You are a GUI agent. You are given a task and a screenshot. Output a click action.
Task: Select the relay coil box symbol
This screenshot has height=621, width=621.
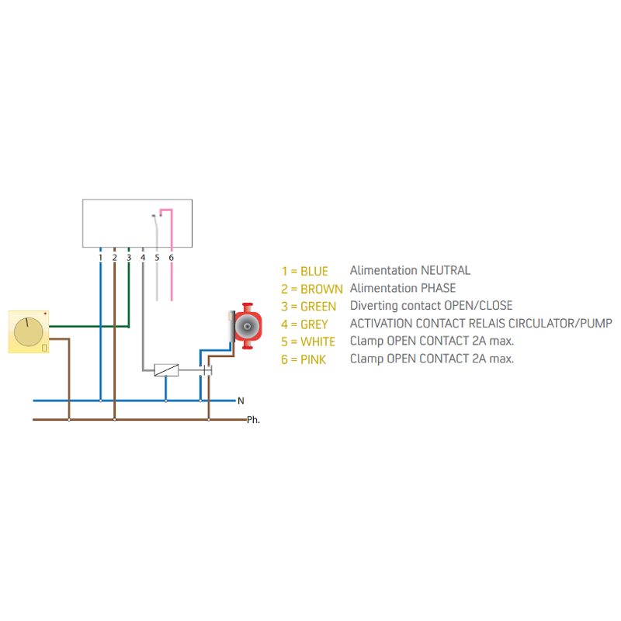point(166,370)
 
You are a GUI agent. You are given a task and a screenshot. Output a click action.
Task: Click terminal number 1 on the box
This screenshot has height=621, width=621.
point(100,257)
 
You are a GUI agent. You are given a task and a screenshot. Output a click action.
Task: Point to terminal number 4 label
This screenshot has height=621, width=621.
point(143,257)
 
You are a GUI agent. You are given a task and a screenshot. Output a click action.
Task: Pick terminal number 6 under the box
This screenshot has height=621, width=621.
point(171,257)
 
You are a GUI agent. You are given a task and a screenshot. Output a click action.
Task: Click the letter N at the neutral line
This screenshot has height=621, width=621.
point(241,401)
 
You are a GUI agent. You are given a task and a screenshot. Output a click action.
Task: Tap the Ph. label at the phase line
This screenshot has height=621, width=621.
point(253,420)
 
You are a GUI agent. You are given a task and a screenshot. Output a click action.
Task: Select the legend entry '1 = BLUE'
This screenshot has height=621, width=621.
point(304,272)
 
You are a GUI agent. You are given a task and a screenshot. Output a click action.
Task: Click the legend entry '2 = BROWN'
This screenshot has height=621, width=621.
point(311,289)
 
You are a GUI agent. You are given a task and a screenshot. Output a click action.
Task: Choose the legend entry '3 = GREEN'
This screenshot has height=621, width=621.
point(308,307)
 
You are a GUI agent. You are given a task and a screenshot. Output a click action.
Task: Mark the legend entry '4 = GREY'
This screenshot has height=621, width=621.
point(304,324)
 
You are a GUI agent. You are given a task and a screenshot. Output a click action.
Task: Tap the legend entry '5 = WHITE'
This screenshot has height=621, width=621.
point(308,342)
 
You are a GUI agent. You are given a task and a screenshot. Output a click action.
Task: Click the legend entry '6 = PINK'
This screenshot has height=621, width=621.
point(304,360)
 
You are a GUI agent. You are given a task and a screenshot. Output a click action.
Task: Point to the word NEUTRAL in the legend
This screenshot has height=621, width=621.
point(445,271)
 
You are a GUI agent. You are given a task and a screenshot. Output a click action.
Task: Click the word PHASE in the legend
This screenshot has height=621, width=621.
point(438,289)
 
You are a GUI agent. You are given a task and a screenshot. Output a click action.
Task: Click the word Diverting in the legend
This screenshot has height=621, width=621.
point(374,306)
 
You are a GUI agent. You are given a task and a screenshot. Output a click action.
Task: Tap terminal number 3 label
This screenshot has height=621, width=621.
point(129,257)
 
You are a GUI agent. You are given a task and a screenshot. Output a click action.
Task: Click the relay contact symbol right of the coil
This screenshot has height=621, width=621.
point(206,370)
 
